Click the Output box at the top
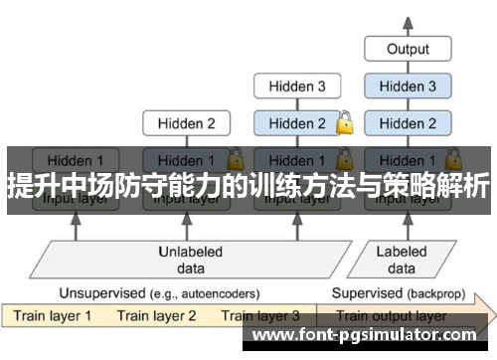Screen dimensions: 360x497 point(408,48)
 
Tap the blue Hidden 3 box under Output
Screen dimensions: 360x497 point(408,87)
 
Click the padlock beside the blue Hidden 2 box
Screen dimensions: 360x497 point(345,123)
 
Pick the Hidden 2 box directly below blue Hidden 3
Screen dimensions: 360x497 point(408,124)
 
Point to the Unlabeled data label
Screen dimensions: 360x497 point(191,259)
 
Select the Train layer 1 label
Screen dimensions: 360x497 point(53,316)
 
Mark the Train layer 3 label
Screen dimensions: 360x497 point(260,316)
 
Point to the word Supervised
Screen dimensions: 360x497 point(365,293)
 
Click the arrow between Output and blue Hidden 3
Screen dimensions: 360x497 point(408,67)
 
